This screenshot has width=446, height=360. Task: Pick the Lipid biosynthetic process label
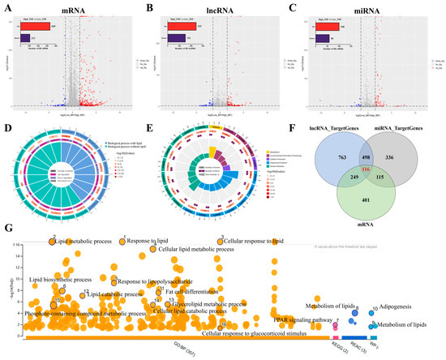[61, 280]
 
